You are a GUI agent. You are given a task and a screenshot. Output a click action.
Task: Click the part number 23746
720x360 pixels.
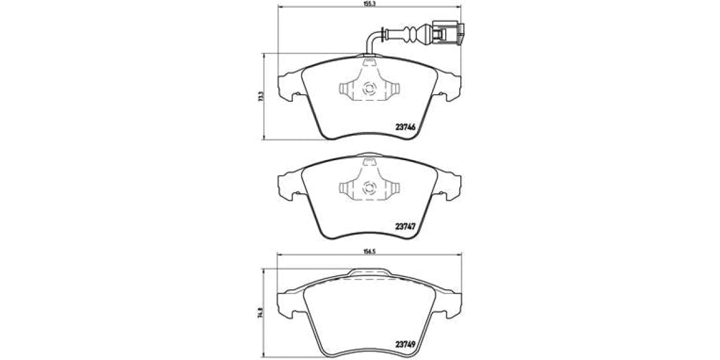point(406,127)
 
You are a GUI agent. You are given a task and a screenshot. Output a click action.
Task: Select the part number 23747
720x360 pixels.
point(406,227)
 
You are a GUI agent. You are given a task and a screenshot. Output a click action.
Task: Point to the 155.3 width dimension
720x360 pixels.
point(368,4)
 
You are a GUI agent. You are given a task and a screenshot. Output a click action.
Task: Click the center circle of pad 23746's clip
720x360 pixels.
point(369,89)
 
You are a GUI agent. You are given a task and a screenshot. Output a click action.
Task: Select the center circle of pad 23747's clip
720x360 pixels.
point(369,189)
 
